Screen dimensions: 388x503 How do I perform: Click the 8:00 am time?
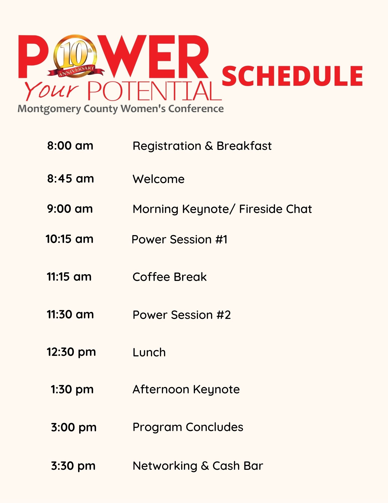pos(70,146)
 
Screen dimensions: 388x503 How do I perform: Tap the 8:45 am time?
pos(71,179)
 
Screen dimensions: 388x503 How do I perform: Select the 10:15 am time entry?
pos(69,239)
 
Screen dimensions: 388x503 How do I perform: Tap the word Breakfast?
pos(244,146)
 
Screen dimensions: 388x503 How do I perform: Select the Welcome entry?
pos(158,179)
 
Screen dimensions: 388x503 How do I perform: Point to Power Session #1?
pos(180,239)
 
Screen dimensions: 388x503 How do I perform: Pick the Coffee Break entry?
pos(170,277)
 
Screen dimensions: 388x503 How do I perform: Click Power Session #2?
pos(182,315)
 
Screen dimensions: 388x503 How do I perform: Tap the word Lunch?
pos(149,352)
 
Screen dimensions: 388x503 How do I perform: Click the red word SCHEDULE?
pos(292,76)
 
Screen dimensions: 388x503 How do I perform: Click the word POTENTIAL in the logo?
pos(154,91)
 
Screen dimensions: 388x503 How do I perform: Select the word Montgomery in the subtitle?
pos(49,109)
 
